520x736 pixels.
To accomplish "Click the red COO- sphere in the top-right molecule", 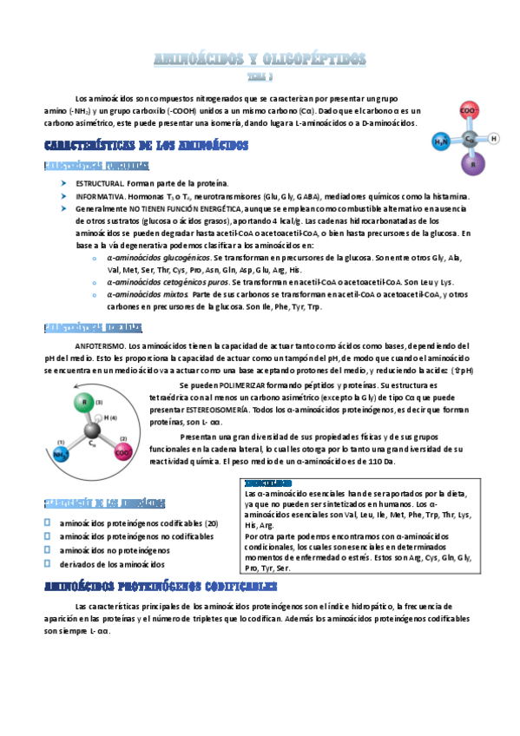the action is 468,112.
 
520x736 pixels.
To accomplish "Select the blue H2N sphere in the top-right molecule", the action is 442,141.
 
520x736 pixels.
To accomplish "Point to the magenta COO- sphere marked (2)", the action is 125,452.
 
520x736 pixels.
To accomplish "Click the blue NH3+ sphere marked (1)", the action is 60,454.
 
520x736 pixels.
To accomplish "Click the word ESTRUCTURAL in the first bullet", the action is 100,184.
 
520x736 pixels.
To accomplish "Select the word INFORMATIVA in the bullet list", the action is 100,197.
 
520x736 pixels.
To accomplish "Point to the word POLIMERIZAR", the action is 232,384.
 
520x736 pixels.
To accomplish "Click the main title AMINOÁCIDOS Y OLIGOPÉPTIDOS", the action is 260,59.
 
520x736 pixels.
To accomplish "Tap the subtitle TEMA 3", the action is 260,76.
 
